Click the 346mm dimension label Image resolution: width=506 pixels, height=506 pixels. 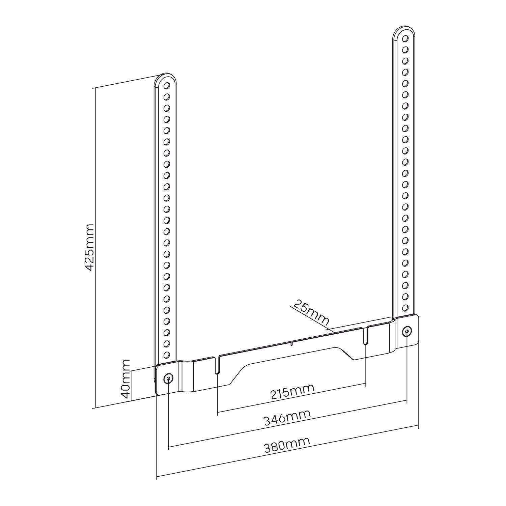pos(287,418)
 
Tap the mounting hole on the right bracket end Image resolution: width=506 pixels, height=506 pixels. pos(407,332)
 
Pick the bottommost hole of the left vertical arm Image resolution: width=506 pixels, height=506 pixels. pos(166,355)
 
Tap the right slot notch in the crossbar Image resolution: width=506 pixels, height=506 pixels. pos(366,335)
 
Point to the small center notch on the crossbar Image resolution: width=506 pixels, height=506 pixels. pos(291,344)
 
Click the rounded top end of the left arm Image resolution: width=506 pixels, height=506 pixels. pos(165,76)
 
